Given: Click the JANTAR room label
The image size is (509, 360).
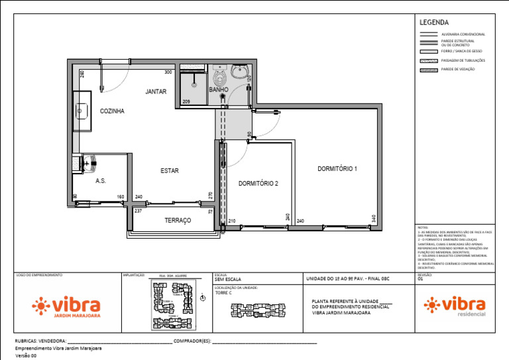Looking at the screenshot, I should tap(156, 91).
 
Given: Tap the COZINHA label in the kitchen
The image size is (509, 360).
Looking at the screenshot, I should tap(112, 111).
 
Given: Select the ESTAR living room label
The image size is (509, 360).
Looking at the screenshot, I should tap(169, 170).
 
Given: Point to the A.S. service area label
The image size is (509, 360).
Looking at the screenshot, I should tap(101, 180).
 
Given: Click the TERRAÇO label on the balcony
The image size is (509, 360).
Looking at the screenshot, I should tap(178, 220).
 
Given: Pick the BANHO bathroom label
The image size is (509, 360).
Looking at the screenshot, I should tap(219, 90).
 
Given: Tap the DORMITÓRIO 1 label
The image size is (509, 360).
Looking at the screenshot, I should tap(337, 169).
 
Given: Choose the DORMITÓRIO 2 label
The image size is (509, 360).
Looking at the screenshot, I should tap(258, 183).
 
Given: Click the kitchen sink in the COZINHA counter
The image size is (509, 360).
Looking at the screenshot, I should tap(82, 111).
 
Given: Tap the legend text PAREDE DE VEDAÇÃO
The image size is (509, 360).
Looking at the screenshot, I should tap(458, 69).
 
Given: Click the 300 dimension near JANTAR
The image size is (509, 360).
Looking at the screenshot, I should tap(168, 72).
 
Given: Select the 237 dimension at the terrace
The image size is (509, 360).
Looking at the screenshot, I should tap(139, 211).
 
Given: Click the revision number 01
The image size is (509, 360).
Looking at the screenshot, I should tap(420, 280).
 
